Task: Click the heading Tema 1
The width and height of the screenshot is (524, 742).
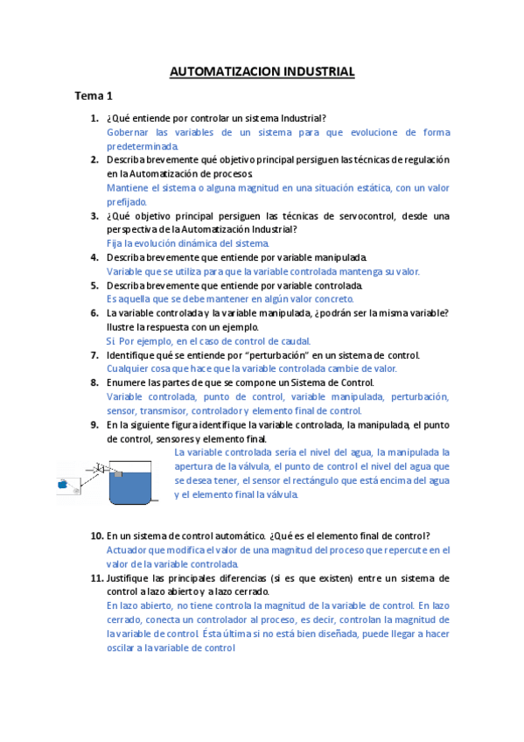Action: click(x=94, y=96)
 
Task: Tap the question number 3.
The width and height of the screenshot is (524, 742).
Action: click(x=94, y=215)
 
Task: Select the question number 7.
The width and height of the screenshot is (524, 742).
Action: click(x=94, y=355)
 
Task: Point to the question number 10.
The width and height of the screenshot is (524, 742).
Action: click(x=96, y=535)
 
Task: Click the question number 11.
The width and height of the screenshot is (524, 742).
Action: click(x=96, y=578)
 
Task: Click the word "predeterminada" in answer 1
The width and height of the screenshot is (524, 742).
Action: click(x=141, y=146)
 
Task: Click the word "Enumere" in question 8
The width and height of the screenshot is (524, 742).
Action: click(x=128, y=383)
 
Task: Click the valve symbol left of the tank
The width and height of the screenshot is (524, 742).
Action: click(x=101, y=467)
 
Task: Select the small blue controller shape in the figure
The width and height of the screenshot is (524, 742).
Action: click(x=63, y=483)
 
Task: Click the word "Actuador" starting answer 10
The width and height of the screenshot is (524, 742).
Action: click(x=128, y=550)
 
